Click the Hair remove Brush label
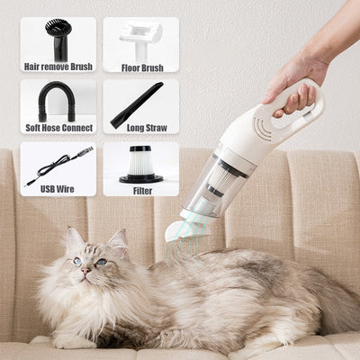tap(58, 67)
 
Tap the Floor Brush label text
tap(140, 67)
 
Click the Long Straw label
tap(140, 129)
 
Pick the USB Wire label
tap(58, 190)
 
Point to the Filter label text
tap(140, 190)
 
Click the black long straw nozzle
tap(137, 104)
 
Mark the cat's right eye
tap(101, 261)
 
